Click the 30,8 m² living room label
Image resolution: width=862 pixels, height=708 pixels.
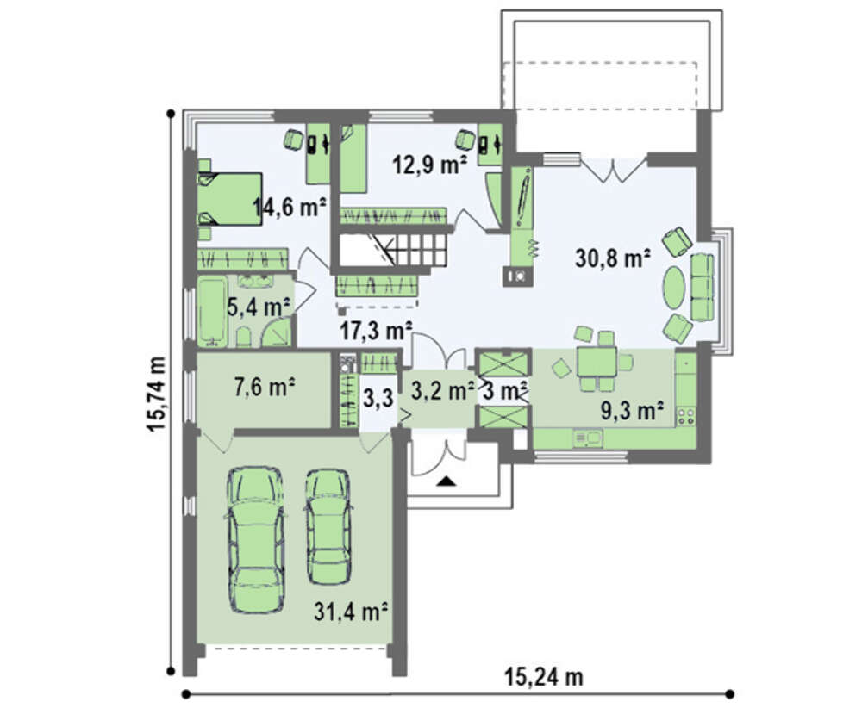[613, 258]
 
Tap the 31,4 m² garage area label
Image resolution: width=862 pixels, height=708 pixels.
[352, 612]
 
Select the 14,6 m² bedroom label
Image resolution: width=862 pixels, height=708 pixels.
[290, 207]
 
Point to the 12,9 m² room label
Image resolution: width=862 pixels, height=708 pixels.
[430, 164]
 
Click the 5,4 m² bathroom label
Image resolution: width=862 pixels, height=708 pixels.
[259, 307]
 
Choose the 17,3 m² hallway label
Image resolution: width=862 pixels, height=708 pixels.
[376, 331]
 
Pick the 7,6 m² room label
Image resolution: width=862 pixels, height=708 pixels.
[265, 388]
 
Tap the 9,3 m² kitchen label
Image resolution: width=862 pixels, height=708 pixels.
[632, 410]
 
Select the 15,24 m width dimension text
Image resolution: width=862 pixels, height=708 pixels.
[544, 677]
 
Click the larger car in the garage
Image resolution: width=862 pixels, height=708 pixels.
[256, 539]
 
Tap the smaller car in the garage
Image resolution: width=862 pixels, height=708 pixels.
[328, 526]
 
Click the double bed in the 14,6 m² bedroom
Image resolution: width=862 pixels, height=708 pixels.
[230, 198]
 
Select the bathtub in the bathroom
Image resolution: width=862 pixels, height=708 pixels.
[213, 312]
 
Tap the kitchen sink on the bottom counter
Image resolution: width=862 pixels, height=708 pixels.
[588, 438]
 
